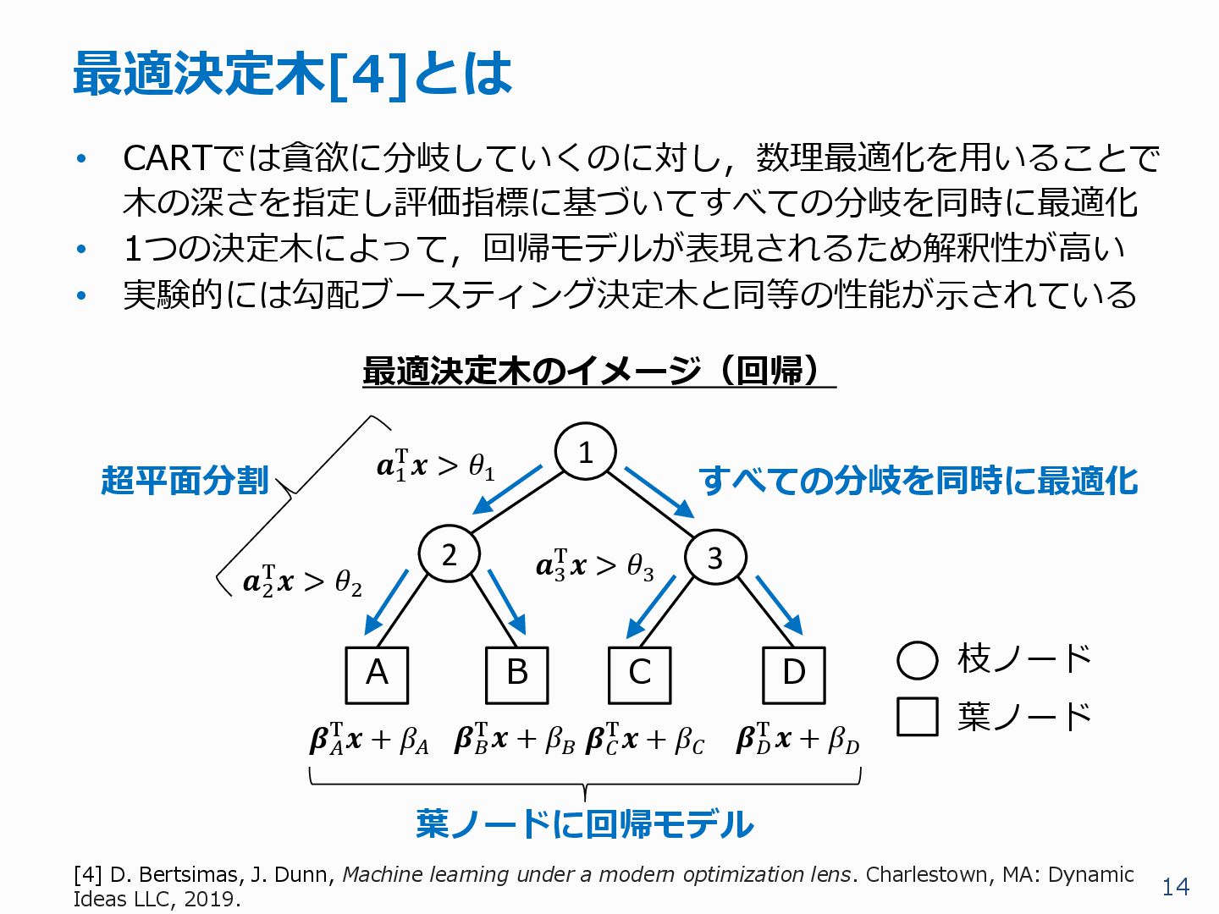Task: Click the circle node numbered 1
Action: [585, 452]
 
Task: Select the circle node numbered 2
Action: [450, 554]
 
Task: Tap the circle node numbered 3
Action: [715, 558]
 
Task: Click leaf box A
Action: [377, 674]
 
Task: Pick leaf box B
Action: [516, 674]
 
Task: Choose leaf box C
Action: [640, 674]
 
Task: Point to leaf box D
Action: [793, 674]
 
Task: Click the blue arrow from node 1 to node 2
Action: [507, 489]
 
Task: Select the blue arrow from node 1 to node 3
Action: [659, 492]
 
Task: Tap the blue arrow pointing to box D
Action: [779, 604]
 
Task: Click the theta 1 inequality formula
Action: [435, 465]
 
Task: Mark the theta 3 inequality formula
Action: [594, 565]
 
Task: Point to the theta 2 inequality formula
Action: [302, 581]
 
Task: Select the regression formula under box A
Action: [369, 740]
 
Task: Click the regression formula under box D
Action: [797, 740]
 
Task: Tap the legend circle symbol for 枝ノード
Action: [917, 660]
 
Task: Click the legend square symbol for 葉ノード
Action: [917, 716]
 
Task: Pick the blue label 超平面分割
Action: [185, 480]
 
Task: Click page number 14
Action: [1175, 887]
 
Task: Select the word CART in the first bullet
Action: [167, 158]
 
